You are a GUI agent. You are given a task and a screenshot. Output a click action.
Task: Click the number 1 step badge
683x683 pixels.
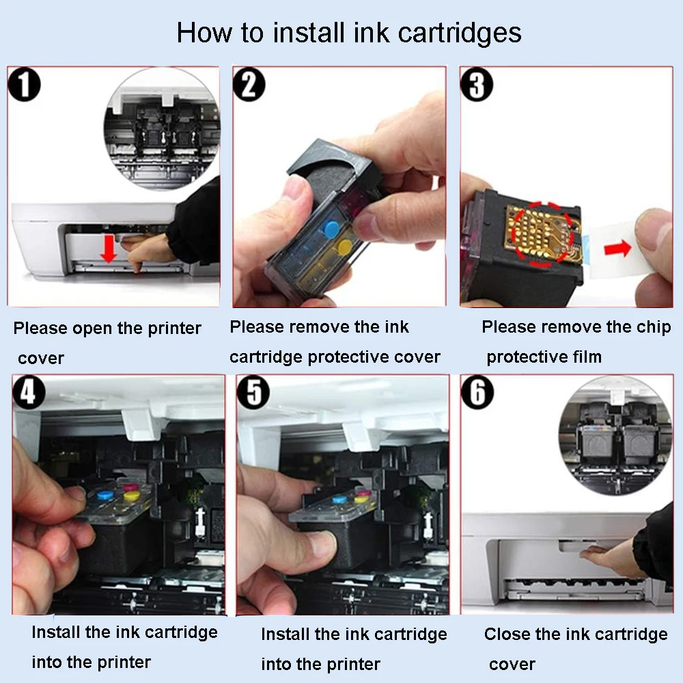point(24,85)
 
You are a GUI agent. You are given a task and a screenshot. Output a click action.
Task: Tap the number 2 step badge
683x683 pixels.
point(249,85)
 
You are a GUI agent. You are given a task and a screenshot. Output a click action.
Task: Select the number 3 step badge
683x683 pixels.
point(477,85)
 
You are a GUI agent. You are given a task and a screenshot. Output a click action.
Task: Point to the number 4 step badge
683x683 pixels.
point(29,391)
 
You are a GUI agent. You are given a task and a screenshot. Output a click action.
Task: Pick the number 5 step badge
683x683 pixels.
point(254,391)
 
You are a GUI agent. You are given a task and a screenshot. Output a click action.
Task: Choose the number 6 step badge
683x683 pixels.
point(478,391)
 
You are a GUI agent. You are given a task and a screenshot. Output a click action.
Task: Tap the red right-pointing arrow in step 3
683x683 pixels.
point(617,249)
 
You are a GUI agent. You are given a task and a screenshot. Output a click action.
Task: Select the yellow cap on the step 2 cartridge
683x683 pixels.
point(346,247)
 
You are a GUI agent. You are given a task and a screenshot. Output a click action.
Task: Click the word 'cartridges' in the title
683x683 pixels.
point(460,33)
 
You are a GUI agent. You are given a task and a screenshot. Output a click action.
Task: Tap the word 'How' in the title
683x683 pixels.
point(204,33)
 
